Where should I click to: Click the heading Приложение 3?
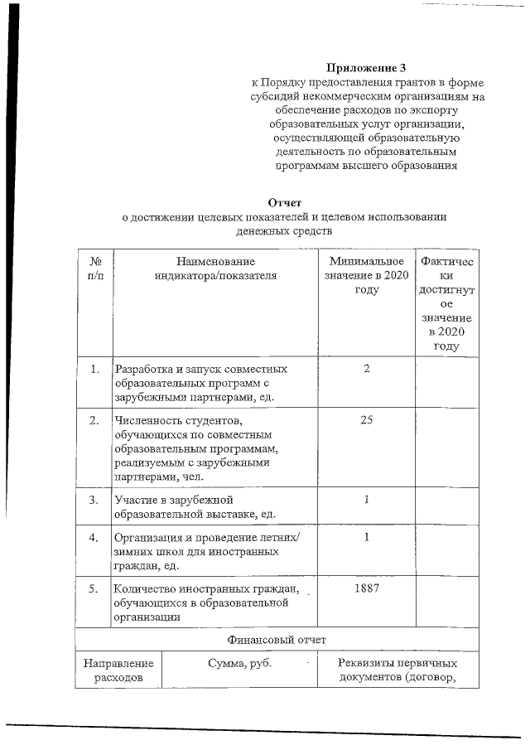point(366,67)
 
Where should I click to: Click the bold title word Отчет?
point(285,202)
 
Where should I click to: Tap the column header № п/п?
point(94,269)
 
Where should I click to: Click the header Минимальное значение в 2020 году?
point(365,275)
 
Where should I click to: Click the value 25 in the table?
point(366,420)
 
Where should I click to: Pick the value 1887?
point(366,588)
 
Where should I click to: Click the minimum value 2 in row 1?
point(366,369)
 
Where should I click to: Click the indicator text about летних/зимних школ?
point(207,551)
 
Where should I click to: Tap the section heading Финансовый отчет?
point(277,639)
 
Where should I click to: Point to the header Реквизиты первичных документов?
point(397,671)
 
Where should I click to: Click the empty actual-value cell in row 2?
point(446,447)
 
